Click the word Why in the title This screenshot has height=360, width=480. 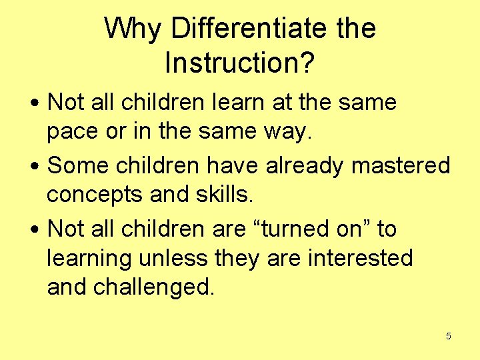pos(133,29)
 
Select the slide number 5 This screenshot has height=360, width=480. pos(448,336)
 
